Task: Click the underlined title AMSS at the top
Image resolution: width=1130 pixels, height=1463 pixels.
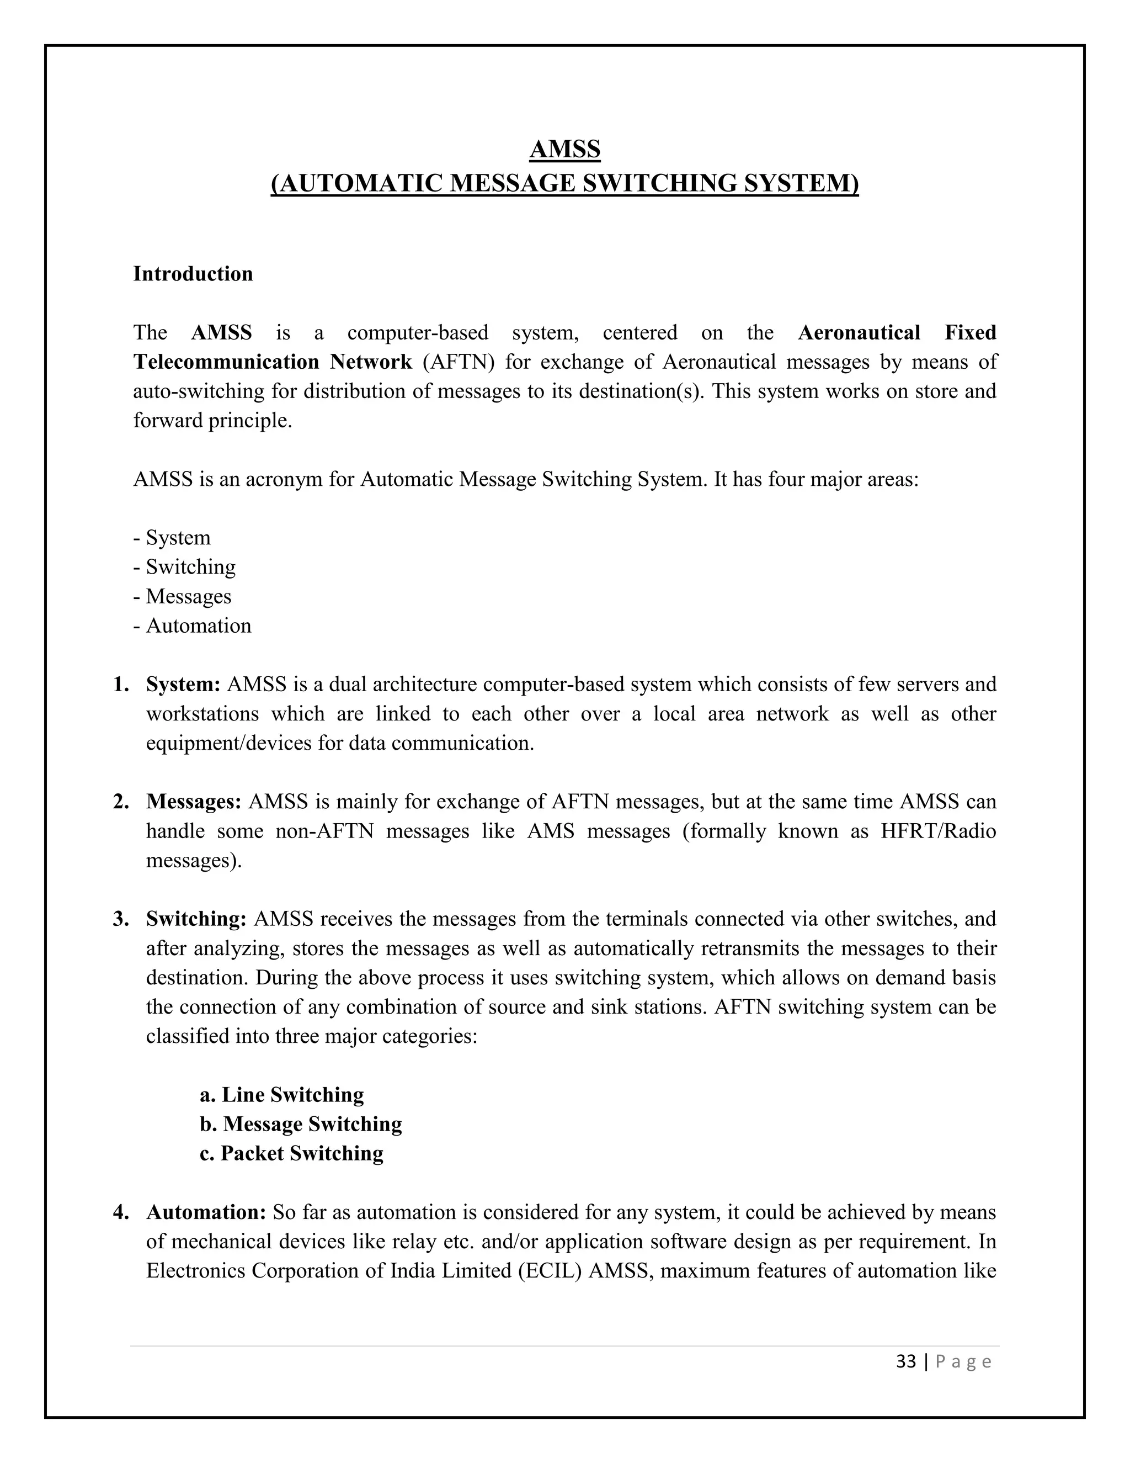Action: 564,149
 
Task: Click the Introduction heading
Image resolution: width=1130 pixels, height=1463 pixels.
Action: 193,274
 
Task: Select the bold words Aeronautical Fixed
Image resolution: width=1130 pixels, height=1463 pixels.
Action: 897,332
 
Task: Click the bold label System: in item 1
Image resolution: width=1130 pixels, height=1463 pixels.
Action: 183,684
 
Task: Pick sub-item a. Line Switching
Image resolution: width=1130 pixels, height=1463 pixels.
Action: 282,1095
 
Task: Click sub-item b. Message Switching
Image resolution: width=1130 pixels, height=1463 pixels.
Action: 301,1124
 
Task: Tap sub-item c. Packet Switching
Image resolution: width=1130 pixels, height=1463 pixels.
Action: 291,1153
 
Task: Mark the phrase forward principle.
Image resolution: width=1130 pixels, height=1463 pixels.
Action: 212,421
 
